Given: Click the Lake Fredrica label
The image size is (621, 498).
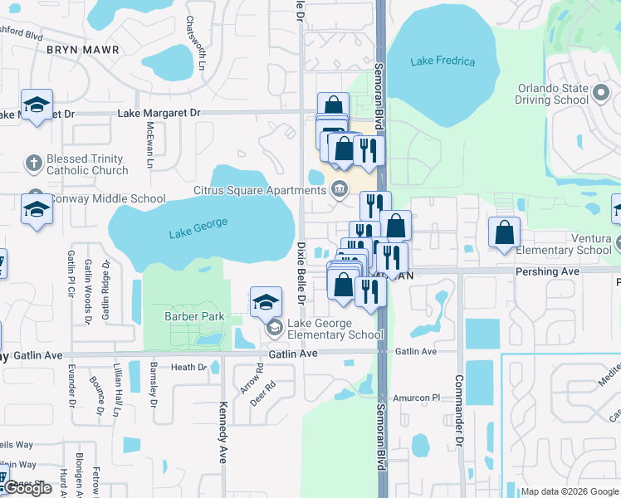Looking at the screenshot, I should click(x=443, y=61).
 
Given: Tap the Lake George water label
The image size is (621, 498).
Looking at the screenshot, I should click(x=198, y=229).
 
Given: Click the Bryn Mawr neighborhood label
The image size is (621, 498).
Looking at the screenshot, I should click(x=83, y=50).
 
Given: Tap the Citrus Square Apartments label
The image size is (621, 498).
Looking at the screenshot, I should click(x=261, y=191).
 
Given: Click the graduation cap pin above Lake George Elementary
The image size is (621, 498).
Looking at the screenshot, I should click(x=266, y=302).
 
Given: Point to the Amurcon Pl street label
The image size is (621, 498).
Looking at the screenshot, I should click(x=416, y=398).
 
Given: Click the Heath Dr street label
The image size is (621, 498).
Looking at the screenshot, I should click(x=188, y=367).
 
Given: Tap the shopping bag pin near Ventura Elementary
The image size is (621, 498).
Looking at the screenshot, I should click(x=504, y=233).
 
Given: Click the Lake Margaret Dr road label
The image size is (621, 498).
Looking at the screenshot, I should click(x=159, y=112).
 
